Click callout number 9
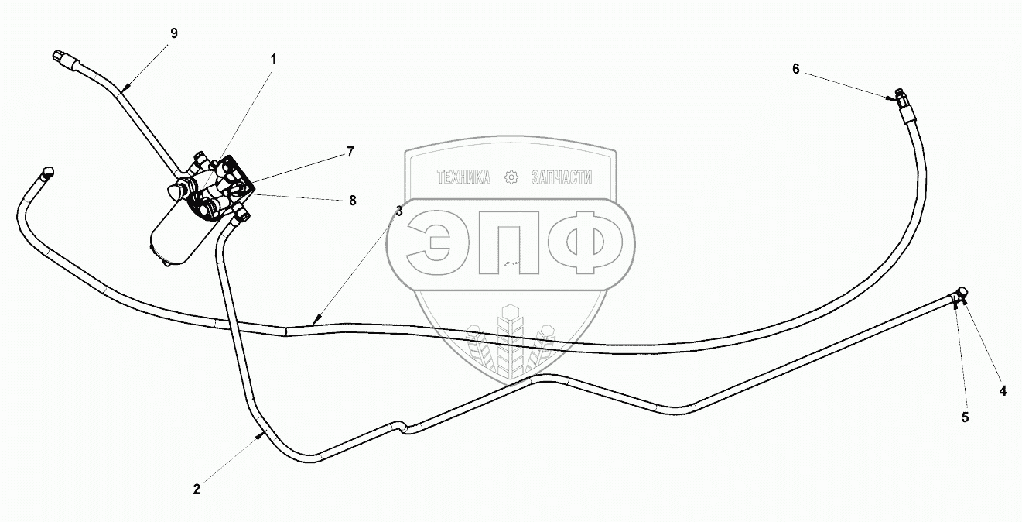click(173, 33)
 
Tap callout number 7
click(350, 152)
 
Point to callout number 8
click(352, 200)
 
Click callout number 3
click(398, 211)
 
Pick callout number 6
click(795, 68)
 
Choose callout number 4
click(1003, 391)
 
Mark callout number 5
click(965, 417)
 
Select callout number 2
click(197, 489)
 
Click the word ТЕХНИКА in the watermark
click(464, 177)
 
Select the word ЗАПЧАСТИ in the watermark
click(561, 177)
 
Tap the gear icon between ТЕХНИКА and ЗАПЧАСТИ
click(511, 177)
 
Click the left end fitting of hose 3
click(48, 173)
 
